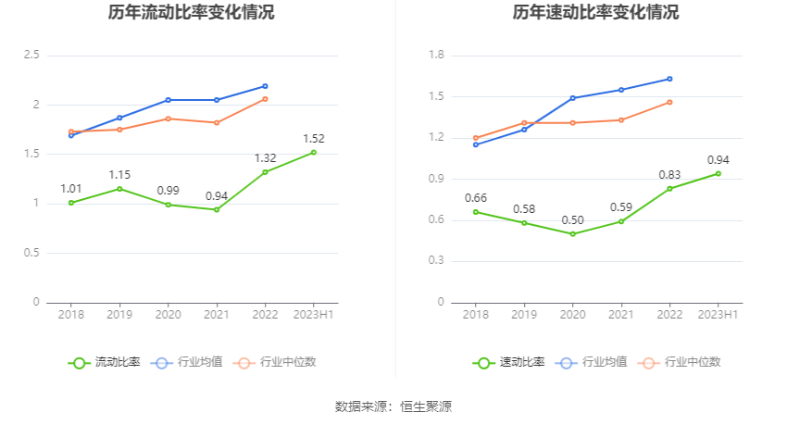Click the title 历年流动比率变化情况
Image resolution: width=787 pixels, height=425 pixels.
point(191,13)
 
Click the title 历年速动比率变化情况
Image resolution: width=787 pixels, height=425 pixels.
point(595,13)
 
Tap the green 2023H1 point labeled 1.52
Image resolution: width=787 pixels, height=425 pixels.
point(313,152)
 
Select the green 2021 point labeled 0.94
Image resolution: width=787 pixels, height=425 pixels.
point(217,209)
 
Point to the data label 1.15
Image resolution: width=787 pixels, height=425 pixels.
point(119,174)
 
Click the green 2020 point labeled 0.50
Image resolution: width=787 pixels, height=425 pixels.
point(572,234)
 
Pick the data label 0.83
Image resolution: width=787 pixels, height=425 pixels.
point(669,174)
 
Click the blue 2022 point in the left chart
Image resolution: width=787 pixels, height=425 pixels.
point(265,86)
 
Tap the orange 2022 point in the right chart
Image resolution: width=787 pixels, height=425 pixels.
point(669,102)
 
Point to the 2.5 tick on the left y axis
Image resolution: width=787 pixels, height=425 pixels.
point(31,56)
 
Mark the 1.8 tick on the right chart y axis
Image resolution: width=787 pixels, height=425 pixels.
point(436,56)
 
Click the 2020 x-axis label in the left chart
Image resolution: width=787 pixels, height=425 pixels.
point(168,316)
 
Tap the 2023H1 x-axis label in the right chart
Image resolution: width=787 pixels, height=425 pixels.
point(718,316)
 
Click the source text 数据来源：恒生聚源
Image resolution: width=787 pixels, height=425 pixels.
point(393,406)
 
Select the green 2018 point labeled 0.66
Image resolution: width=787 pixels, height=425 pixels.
point(476,212)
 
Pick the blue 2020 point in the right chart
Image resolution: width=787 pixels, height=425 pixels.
point(572,98)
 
